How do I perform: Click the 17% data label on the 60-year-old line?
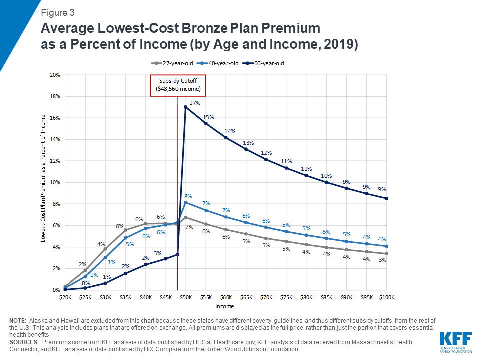point(195,103)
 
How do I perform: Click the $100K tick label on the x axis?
point(386,297)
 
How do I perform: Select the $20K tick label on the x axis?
point(65,297)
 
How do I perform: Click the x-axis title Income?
point(225,306)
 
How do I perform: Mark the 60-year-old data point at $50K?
point(186,107)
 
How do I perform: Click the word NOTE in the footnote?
point(18,320)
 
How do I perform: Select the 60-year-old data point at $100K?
point(386,198)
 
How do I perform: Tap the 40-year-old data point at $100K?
point(386,246)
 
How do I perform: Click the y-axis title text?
point(44,178)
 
